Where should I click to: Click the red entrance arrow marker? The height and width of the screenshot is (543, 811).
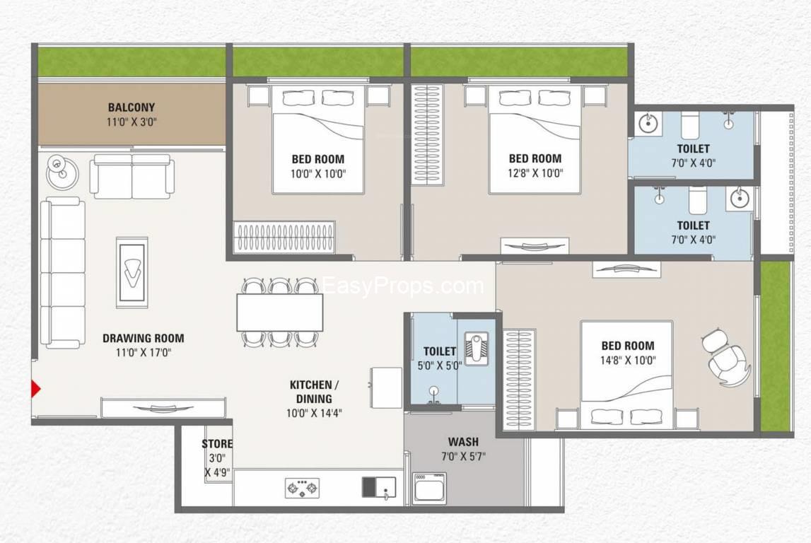click(x=35, y=388)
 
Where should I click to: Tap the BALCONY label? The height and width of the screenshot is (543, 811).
click(x=132, y=107)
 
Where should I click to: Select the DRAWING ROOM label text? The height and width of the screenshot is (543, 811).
click(x=144, y=338)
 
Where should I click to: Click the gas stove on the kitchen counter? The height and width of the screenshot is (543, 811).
click(x=302, y=488)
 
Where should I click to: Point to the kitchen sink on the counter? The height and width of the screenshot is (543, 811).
click(x=379, y=487)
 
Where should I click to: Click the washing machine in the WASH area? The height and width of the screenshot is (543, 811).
click(x=429, y=487)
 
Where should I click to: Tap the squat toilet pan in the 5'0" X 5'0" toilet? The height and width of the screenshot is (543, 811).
click(x=474, y=347)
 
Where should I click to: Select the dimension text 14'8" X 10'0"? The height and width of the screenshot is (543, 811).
click(x=628, y=361)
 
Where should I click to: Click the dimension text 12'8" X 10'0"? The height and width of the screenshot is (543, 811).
click(x=535, y=173)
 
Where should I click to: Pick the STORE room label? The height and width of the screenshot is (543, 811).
click(x=217, y=444)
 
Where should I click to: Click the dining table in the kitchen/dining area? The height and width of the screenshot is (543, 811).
click(x=280, y=313)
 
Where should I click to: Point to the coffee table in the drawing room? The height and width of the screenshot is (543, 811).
click(x=132, y=272)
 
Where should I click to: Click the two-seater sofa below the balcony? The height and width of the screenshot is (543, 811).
click(x=132, y=176)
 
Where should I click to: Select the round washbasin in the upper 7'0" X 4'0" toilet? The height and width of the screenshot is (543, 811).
click(x=647, y=124)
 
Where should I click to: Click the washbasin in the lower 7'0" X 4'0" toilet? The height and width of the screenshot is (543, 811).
click(x=739, y=198)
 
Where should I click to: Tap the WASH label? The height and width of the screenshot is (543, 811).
click(x=463, y=442)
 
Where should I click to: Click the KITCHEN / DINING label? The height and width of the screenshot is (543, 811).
click(x=314, y=392)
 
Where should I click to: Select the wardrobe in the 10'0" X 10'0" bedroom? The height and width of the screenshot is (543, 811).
click(x=284, y=238)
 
